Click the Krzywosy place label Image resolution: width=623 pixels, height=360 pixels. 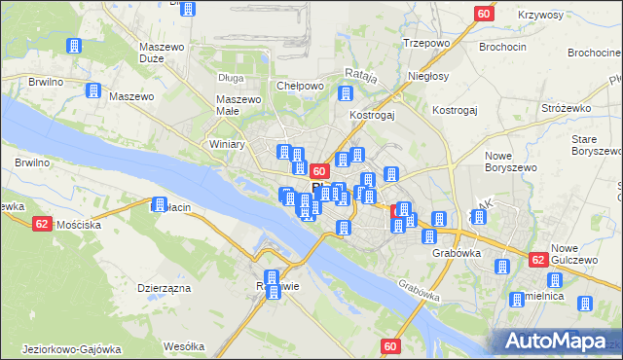[541, 15]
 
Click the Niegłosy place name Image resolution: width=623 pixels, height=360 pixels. [428, 76]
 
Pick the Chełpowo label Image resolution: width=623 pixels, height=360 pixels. [300, 86]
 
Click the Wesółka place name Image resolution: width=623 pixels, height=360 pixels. [183, 345]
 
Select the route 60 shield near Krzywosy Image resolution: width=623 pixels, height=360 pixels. [484, 13]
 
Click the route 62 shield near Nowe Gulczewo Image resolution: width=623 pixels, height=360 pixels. [537, 260]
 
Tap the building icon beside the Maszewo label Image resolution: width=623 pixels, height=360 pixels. [94, 90]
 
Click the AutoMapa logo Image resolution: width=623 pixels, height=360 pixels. [558, 341]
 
